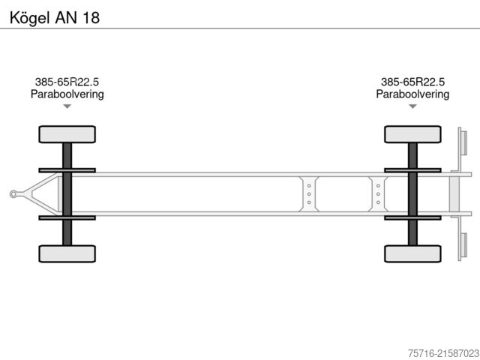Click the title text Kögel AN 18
point(55,18)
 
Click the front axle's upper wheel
point(67,134)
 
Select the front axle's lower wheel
point(67,253)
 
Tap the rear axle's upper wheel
point(412,134)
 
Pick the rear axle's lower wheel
point(412,253)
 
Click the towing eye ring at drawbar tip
point(13,194)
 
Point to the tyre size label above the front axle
point(67,82)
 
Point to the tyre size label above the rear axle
point(412,82)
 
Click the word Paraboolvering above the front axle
point(67,94)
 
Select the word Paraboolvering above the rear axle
point(412,94)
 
